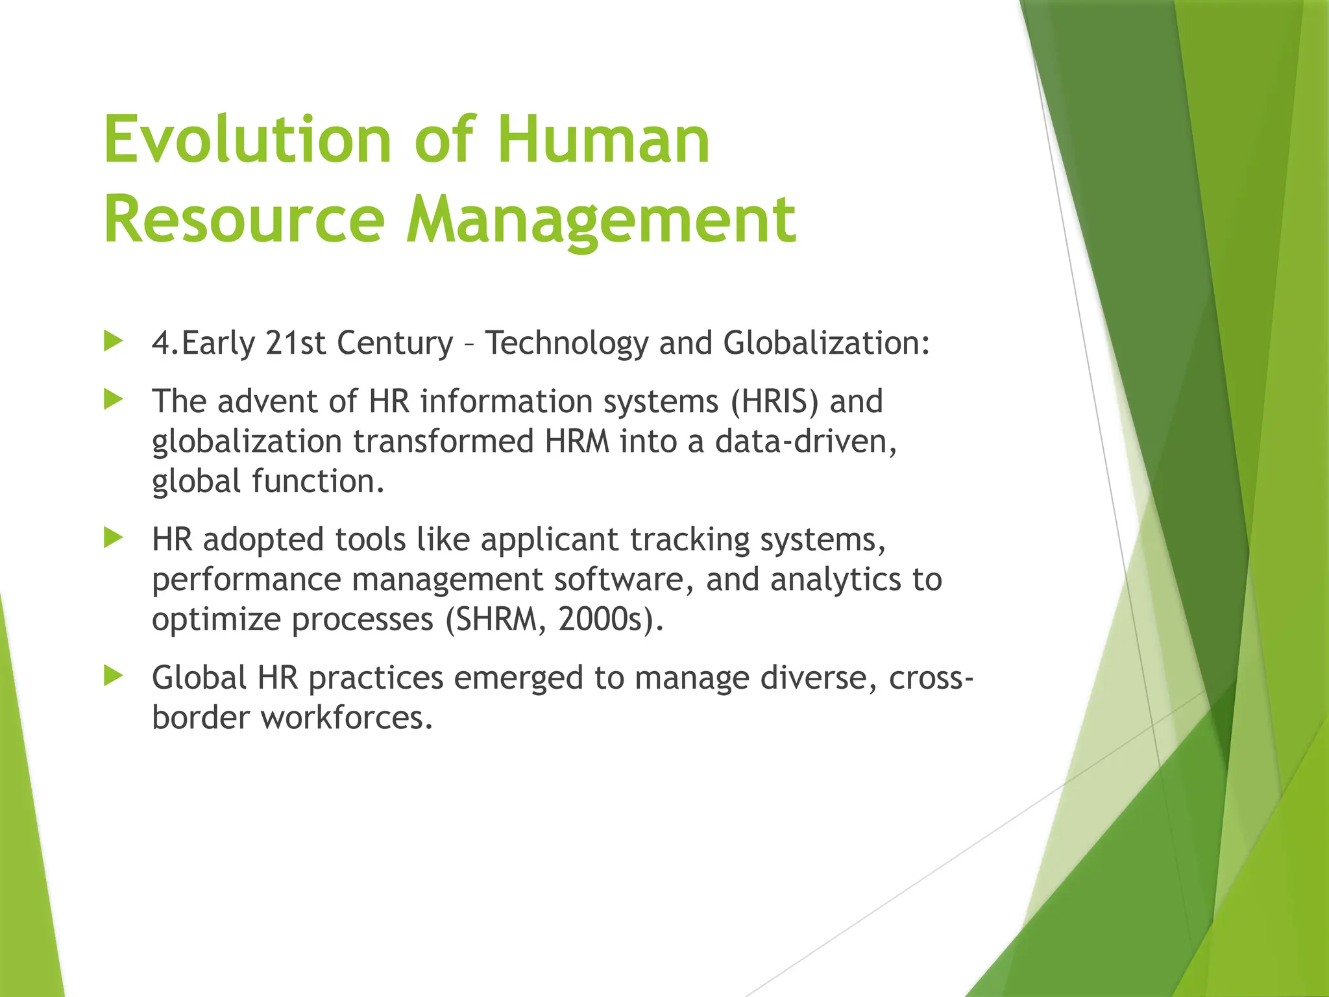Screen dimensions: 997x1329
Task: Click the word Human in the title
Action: (604, 140)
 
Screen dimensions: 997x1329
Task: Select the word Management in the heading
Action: (601, 221)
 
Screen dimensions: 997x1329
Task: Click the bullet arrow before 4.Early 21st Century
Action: (113, 341)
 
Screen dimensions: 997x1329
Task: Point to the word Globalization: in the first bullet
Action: (826, 343)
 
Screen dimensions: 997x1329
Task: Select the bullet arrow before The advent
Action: (113, 399)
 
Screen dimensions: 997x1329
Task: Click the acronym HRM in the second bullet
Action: (578, 441)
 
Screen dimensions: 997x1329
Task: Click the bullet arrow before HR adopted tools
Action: (113, 537)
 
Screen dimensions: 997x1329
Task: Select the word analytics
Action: (836, 580)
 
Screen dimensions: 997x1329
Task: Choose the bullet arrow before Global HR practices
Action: (113, 676)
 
